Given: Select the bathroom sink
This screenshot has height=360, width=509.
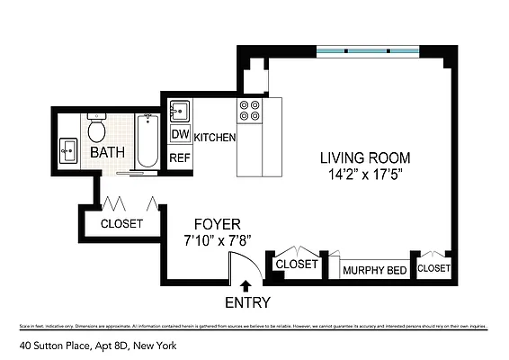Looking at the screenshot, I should coord(68,148).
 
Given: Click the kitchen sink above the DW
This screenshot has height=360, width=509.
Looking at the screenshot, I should coord(179,111).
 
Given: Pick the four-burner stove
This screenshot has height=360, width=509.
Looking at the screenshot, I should coord(249,111).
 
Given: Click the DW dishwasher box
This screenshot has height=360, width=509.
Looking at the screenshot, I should coord(180,135).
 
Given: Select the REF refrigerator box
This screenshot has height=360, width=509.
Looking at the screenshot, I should coord(180,157).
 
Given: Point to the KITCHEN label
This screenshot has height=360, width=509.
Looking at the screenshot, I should coord(215,138).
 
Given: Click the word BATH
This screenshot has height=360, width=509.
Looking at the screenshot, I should coord(108,154).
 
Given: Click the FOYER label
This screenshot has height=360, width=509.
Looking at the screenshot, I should coord(217,223).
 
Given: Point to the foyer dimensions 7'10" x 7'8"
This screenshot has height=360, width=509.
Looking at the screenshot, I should coord(217,240).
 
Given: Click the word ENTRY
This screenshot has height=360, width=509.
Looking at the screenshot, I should coord(247,302).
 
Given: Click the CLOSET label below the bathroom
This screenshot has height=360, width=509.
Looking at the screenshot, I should coord(121,223).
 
